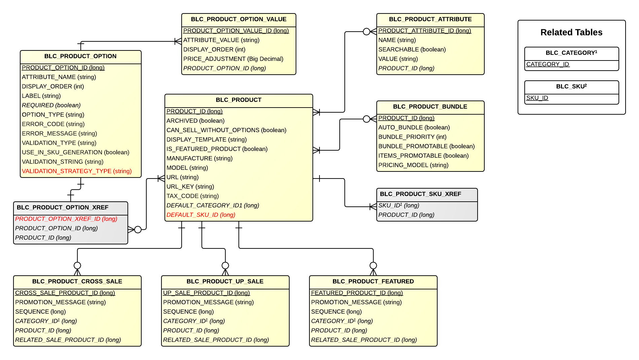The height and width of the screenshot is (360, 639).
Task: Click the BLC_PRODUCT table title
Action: pos(238,100)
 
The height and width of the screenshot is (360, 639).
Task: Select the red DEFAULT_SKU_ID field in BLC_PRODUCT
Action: pos(201,215)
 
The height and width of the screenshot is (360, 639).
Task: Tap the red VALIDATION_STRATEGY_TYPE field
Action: pos(77,171)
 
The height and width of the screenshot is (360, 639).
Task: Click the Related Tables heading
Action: pos(571,32)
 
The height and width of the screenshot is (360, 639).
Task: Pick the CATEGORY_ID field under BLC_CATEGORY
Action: pos(548,64)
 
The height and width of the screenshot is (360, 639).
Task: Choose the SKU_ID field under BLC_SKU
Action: pos(537,98)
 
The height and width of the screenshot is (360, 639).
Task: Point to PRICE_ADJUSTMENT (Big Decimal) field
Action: pos(233,59)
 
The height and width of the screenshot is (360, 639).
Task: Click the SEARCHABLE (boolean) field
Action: pos(412,49)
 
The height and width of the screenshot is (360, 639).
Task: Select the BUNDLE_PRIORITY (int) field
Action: pos(412,137)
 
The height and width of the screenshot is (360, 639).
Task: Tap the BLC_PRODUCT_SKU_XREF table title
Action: pos(420,194)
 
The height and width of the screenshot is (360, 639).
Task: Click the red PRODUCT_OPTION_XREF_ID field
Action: pos(66,219)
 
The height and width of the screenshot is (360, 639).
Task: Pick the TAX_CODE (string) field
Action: pos(192,196)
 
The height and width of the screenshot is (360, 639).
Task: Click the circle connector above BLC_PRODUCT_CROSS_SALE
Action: pos(77,266)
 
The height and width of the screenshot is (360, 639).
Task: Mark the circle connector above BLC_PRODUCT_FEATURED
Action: pos(373,266)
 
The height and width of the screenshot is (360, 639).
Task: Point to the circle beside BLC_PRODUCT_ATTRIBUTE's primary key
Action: pos(367,32)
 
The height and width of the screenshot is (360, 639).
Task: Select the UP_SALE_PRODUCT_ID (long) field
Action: pos(206,293)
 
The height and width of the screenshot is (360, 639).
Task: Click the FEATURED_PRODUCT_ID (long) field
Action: pos(357,293)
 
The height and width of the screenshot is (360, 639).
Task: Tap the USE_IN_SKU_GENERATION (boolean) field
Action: pos(76,152)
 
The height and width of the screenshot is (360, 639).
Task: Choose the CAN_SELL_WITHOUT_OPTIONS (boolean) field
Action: pos(226,130)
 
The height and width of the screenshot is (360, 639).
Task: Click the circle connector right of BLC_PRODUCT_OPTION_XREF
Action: pos(138,230)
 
